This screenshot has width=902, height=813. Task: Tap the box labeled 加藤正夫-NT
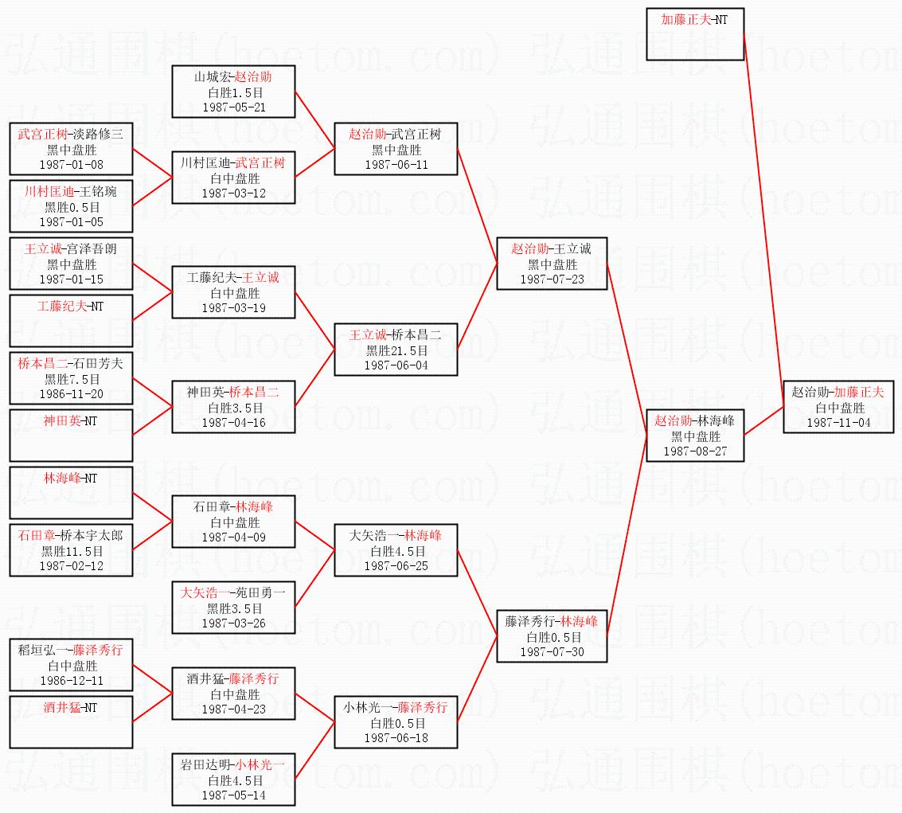click(695, 33)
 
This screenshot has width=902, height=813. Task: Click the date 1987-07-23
click(552, 279)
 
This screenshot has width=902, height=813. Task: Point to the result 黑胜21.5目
click(396, 350)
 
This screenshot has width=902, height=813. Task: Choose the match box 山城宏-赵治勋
click(233, 92)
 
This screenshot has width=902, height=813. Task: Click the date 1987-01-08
click(72, 164)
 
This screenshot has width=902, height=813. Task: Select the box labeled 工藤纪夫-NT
click(72, 320)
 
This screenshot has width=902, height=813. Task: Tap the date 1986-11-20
click(72, 393)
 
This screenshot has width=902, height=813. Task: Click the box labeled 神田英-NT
click(72, 435)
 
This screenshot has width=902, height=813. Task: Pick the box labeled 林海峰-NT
click(72, 492)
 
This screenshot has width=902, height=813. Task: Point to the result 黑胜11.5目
click(72, 551)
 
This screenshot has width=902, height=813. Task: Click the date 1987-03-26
click(233, 623)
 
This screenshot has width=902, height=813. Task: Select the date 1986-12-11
click(72, 681)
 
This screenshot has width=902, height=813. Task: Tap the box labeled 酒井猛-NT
click(72, 721)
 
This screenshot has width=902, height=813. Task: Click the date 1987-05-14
click(233, 795)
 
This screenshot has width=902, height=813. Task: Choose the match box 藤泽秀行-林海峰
click(552, 635)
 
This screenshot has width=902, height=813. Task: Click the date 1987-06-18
click(396, 737)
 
